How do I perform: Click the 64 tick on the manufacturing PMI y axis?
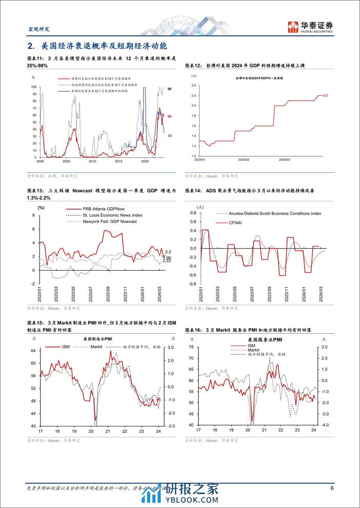coord(32,351)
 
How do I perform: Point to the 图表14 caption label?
coord(193,190)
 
